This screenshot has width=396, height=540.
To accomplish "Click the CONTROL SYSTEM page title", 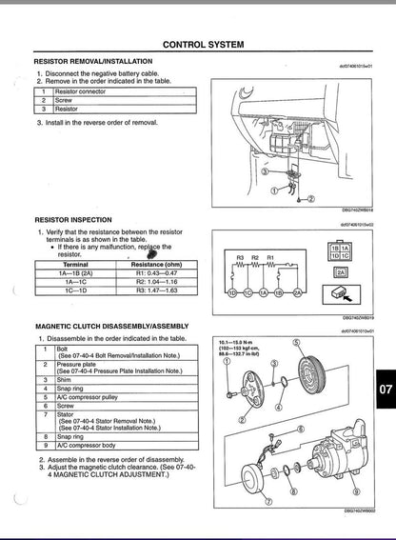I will pos(204,44).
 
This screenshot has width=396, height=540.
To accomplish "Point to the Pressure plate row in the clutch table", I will pos(80,364).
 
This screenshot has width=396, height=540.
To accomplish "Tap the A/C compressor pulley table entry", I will pos(91,394).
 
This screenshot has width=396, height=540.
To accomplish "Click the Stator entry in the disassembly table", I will pos(67,414).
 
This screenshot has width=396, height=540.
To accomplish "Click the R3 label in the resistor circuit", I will pos(239,258).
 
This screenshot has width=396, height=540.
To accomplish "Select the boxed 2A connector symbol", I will pos(341,271).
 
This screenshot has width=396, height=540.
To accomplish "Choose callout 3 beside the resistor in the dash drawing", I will pos(265,173).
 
